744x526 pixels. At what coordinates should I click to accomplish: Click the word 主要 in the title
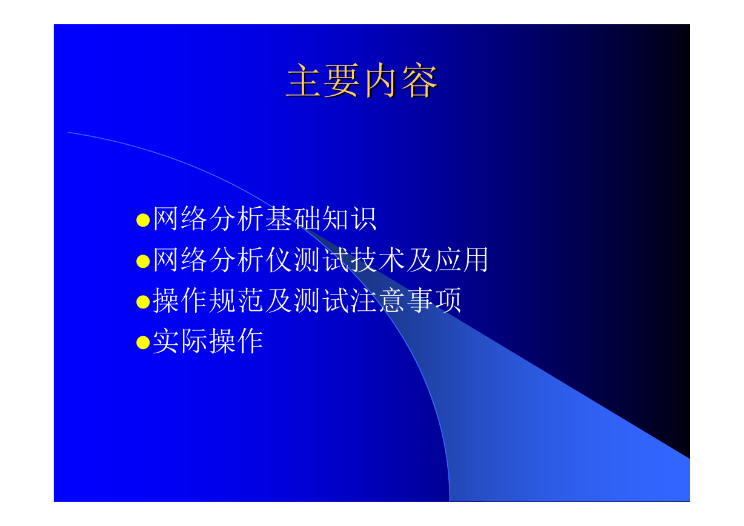coord(323,81)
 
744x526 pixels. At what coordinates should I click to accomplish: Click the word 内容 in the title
coord(401,81)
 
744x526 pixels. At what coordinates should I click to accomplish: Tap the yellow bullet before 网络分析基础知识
coord(143,220)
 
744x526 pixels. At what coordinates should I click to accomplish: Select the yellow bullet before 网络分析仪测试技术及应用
coord(143,261)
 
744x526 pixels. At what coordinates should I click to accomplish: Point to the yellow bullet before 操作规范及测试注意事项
coord(143,302)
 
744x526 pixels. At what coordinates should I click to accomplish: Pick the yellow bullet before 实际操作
coord(143,343)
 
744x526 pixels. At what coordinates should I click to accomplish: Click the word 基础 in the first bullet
coord(293,218)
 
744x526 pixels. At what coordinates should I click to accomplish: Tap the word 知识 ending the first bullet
coord(349,218)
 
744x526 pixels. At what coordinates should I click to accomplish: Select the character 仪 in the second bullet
coord(279,259)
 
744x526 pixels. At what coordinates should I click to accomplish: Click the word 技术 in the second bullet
coord(377,259)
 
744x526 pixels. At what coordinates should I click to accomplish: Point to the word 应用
coord(462,259)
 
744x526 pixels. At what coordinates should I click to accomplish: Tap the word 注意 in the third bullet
coord(377,301)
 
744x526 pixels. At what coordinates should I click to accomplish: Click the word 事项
coord(434,301)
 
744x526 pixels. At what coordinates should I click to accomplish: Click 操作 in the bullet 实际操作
coord(236,341)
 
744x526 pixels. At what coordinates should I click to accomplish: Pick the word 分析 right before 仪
coord(236,259)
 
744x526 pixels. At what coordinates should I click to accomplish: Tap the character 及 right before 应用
coord(420,259)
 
